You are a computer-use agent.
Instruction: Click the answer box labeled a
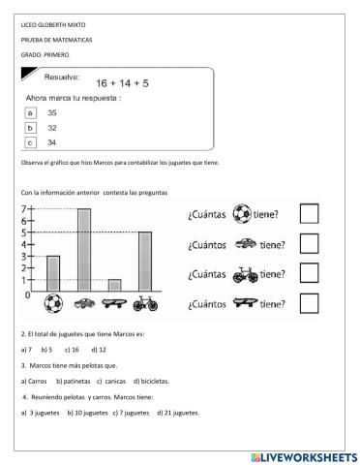coord(30,112)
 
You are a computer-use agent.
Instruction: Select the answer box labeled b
coord(30,127)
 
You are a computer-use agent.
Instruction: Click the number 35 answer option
coord(52,112)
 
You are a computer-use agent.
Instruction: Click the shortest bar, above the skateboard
coord(114,285)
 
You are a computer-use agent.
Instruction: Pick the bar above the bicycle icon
coord(145,261)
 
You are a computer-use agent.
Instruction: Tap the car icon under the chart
coord(84,302)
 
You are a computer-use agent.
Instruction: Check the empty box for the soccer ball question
coord(309,215)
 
